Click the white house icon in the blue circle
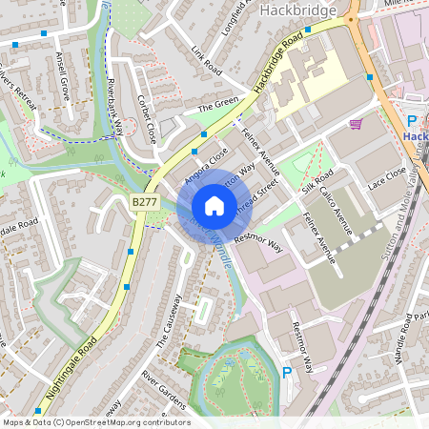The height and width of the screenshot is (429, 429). [x=214, y=206]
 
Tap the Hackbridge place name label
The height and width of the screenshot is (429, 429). [x=299, y=10]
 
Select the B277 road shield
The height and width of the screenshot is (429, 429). [x=145, y=202]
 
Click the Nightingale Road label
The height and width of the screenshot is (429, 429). [x=71, y=368]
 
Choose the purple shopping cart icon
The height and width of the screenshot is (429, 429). [x=356, y=124]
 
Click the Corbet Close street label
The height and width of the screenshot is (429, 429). [x=147, y=119]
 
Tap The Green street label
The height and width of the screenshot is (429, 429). [x=217, y=106]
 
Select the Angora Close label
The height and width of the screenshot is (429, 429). [x=207, y=162]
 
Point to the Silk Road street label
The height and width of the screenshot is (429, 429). [x=317, y=182]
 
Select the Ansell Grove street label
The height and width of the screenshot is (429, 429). [x=64, y=77]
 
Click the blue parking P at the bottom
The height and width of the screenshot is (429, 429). [x=287, y=372]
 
